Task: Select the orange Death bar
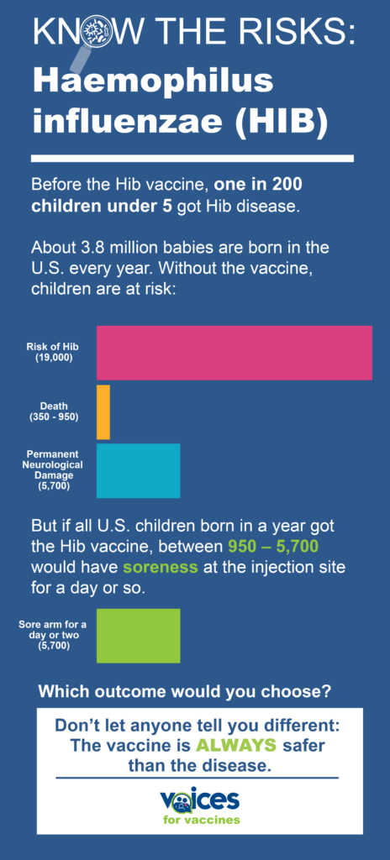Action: [x=103, y=412]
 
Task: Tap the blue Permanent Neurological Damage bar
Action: [x=138, y=470]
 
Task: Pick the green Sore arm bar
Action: [x=138, y=636]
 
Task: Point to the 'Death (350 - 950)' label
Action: [x=54, y=412]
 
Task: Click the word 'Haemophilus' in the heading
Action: [x=152, y=82]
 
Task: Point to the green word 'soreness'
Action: [x=161, y=567]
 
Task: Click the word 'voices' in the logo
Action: [x=199, y=799]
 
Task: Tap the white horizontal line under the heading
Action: [x=192, y=158]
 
